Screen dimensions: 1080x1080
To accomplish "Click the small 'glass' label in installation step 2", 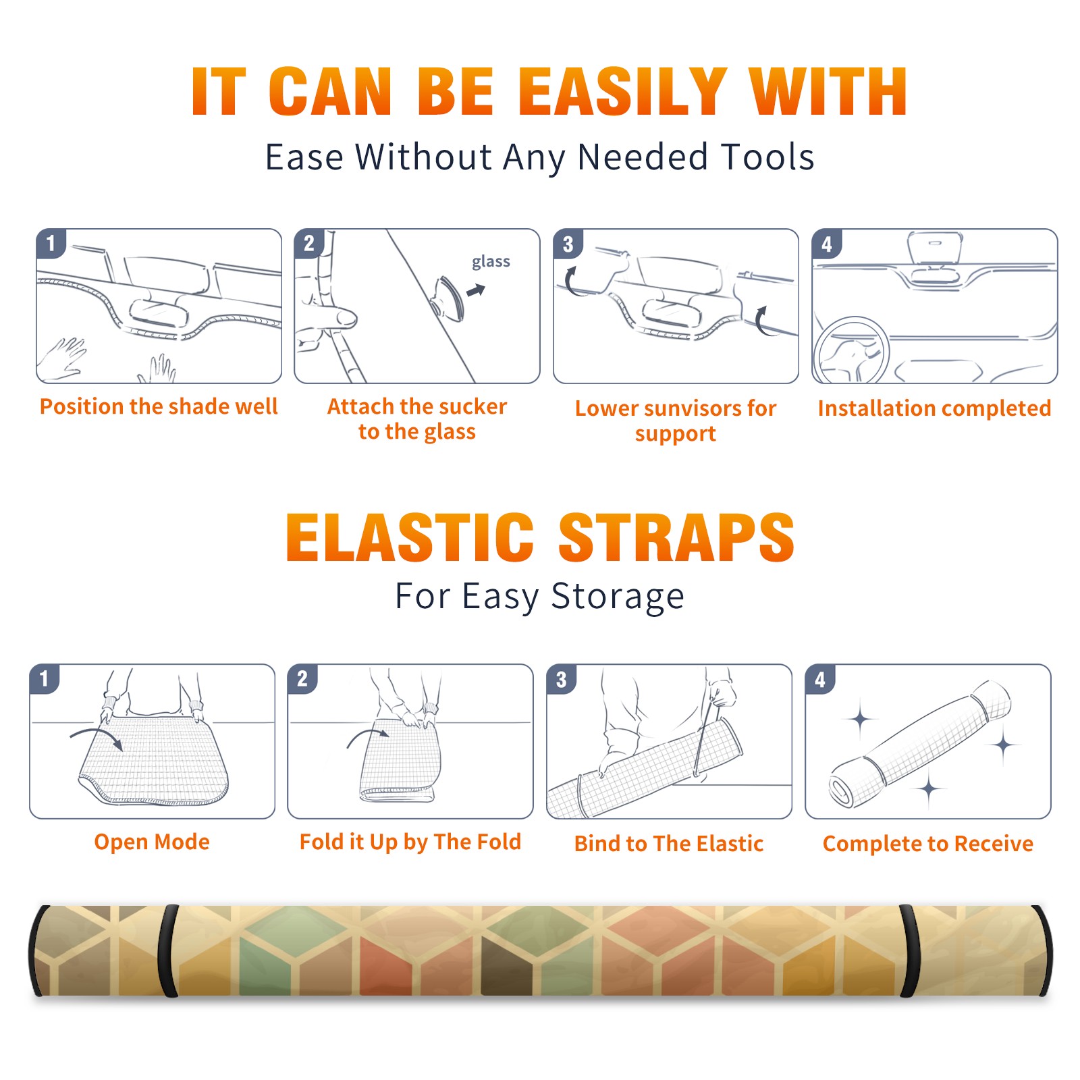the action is [491, 262].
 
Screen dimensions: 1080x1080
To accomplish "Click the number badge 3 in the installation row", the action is [568, 244].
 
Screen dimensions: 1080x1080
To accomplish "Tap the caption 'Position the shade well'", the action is [159, 406].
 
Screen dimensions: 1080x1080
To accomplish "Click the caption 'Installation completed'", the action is [934, 408].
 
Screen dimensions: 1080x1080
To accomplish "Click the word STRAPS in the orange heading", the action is [676, 537].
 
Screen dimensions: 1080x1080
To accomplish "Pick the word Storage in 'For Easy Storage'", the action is [618, 597].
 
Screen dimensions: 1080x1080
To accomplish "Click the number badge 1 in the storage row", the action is [45, 678].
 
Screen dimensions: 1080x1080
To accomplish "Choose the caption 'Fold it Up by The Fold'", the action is [410, 842].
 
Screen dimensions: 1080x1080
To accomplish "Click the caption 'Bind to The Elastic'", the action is [669, 844].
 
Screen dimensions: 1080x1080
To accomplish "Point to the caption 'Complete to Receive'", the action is [928, 844].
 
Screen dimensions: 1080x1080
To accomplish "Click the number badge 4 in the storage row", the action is [820, 679].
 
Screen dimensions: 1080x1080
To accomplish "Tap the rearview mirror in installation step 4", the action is [934, 248].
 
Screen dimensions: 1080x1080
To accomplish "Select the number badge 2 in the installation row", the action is [309, 243].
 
